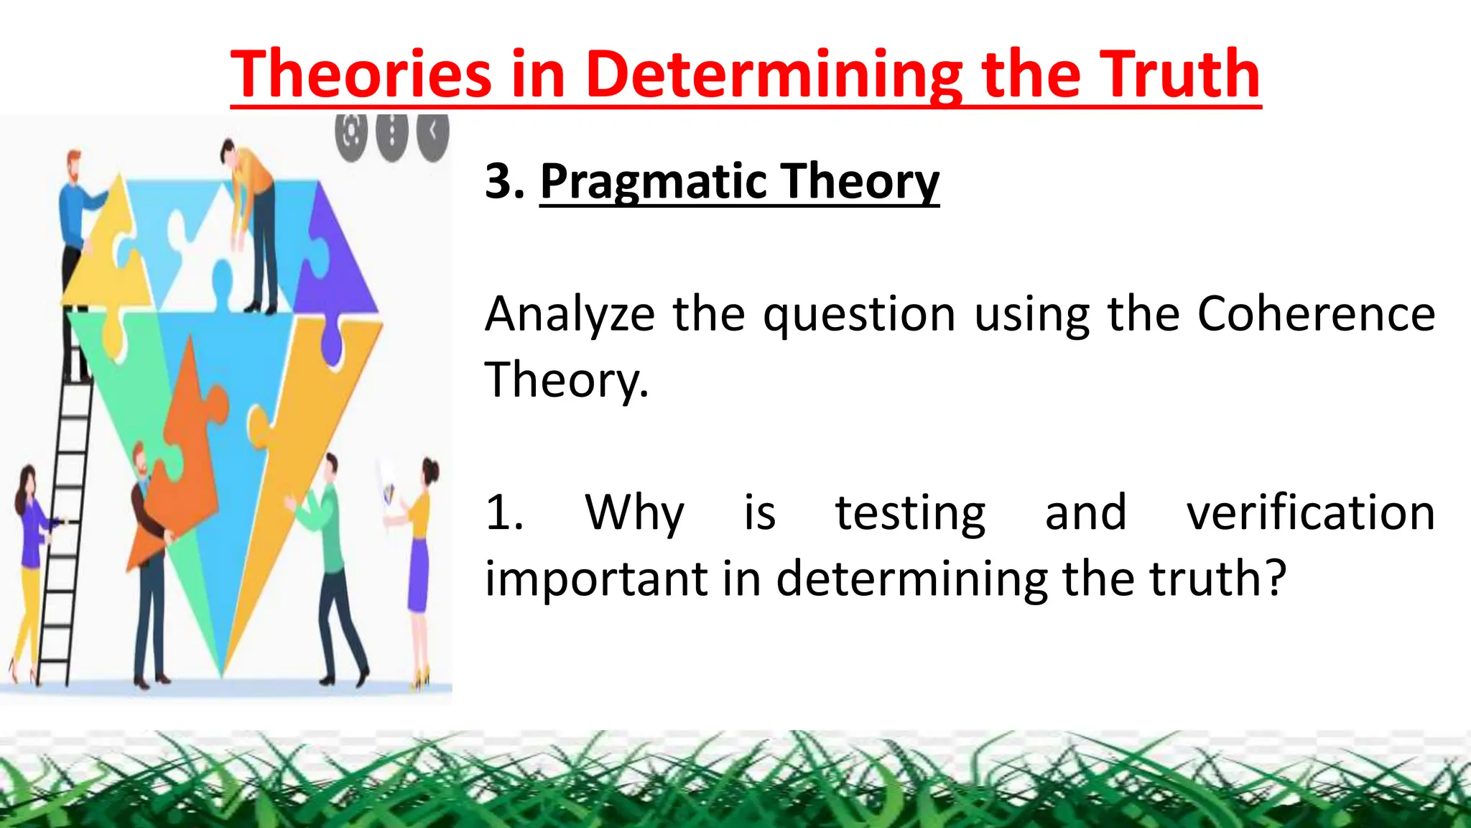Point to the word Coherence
pos(1316,314)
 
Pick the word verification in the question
pos(1310,513)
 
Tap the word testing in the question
pos(910,513)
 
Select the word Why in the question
pos(634,513)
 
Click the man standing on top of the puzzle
pos(251,223)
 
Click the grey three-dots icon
pos(392,134)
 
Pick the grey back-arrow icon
pos(432,132)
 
